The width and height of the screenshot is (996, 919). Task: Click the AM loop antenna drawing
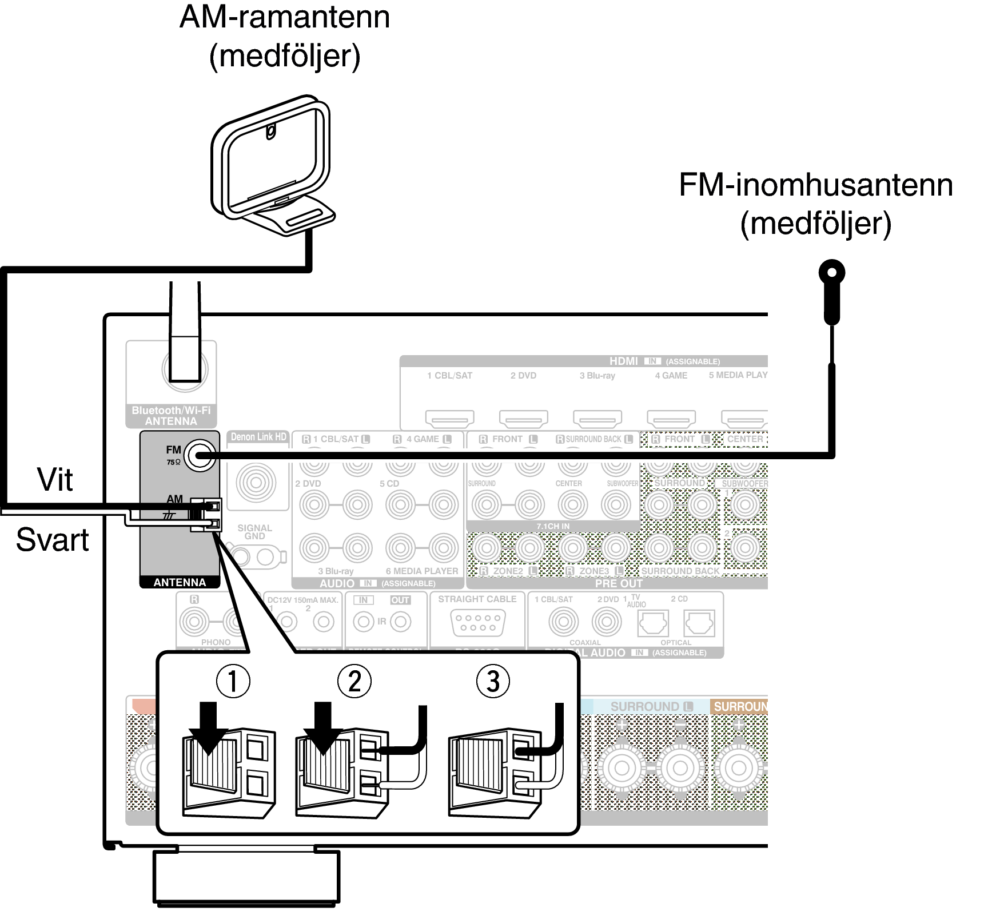point(271,166)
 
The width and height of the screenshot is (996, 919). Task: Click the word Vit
point(55,479)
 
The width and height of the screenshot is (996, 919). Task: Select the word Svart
point(52,539)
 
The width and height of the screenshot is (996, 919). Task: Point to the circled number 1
point(232,681)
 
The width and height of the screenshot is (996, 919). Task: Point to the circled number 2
point(354,681)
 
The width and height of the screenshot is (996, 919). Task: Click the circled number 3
point(493,681)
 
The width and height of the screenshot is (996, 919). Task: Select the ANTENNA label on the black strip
point(180,582)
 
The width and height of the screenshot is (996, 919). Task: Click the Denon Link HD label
point(258,437)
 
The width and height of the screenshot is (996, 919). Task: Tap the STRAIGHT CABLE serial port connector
point(477,622)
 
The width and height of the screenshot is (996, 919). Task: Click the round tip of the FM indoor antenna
point(832,273)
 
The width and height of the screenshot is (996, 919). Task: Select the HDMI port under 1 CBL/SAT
point(449,419)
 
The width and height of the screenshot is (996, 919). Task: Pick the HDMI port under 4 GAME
point(671,419)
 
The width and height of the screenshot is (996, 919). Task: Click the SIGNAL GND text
point(254,532)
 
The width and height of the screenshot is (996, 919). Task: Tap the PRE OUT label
point(619,584)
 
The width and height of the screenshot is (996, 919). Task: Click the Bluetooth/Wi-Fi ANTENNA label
point(171,416)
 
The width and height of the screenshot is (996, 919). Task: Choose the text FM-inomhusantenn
point(815,185)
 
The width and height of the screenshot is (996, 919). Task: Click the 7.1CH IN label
point(553,526)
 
